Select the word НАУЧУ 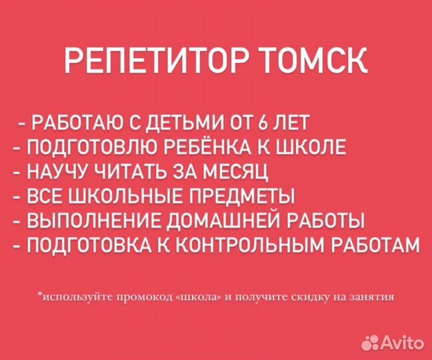coord(55,173)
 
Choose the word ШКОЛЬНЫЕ coord(129,197)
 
